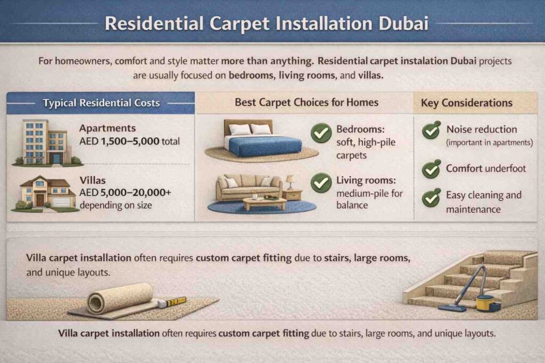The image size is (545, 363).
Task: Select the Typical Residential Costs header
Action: click(x=101, y=103)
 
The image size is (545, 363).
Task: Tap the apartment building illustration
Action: click(x=47, y=142)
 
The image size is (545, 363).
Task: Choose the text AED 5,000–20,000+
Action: click(x=125, y=193)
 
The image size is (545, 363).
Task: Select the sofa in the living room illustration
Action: click(x=248, y=187)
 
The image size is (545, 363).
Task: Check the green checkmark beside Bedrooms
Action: click(x=321, y=133)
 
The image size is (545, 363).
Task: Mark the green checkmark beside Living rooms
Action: click(x=321, y=183)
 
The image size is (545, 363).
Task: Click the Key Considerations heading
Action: click(x=466, y=103)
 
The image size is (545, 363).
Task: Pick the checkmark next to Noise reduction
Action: click(x=431, y=130)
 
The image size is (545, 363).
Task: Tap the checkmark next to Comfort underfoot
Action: click(x=431, y=169)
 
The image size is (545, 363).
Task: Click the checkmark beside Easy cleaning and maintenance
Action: click(x=431, y=197)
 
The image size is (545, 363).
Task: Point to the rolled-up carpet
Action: click(x=120, y=298)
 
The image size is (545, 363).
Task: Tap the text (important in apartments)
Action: click(x=490, y=142)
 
